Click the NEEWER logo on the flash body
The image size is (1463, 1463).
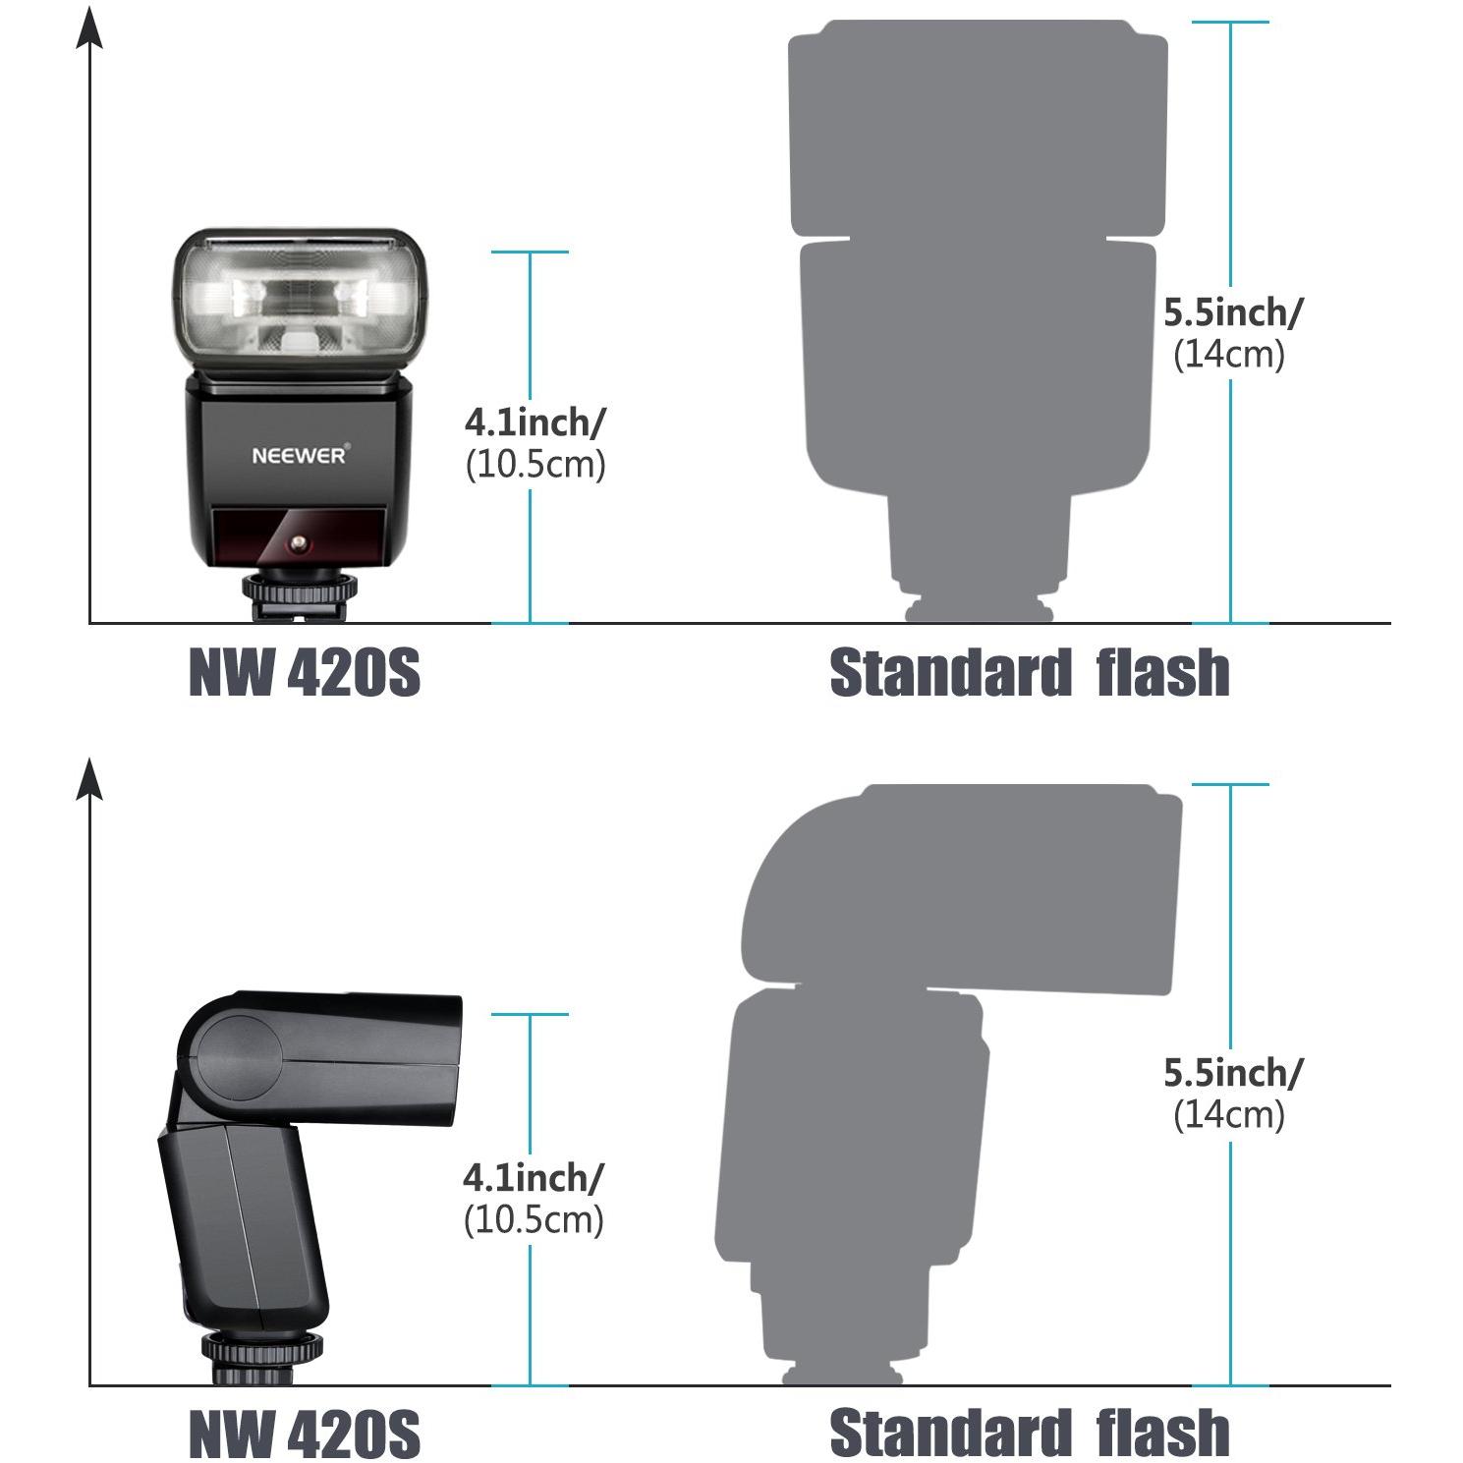tap(299, 456)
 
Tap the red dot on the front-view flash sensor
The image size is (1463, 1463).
tap(298, 543)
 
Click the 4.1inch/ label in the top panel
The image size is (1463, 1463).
tap(535, 422)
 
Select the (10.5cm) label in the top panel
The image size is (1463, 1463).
tap(535, 465)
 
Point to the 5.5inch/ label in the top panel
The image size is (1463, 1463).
tap(1233, 312)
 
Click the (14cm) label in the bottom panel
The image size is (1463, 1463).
tap(1229, 1114)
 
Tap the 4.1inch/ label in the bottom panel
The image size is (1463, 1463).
tap(534, 1176)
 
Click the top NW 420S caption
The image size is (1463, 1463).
tap(305, 673)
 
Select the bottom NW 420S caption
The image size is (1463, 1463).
tap(305, 1434)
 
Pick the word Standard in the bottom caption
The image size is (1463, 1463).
tap(949, 1433)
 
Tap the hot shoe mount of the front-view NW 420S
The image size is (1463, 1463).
tap(300, 595)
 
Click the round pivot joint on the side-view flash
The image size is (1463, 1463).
tap(238, 1058)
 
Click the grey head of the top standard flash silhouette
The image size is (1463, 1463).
tap(979, 129)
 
